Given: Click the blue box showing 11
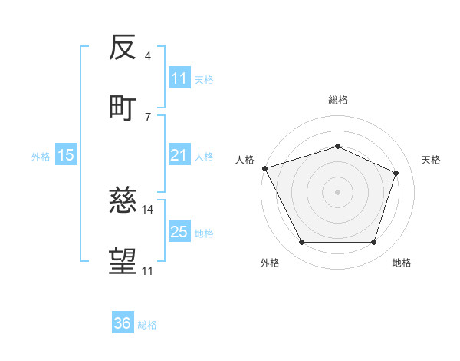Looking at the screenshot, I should pos(179,78).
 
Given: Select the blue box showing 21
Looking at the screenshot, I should pos(179,155).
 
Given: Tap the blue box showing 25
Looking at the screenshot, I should pos(179,232).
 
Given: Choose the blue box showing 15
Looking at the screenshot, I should pos(66,155).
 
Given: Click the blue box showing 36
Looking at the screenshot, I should pos(123,323).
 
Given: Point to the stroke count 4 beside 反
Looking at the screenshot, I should pos(147,56).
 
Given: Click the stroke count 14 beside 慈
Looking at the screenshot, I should pos(148,209).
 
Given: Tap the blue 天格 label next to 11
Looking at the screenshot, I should pos(204,79).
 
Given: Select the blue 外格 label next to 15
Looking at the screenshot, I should pos(41,156).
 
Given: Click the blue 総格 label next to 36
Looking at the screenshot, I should pos(147,325).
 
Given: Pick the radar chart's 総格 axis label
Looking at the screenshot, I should pos(337,100).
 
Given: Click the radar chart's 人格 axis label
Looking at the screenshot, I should pos(245,160).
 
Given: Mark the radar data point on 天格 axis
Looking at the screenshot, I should pos(396,173).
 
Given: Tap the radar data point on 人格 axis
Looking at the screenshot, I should pos(264,168).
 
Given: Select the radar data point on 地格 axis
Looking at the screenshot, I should pos(373,243).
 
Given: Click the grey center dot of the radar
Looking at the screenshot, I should pos(337,192).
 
